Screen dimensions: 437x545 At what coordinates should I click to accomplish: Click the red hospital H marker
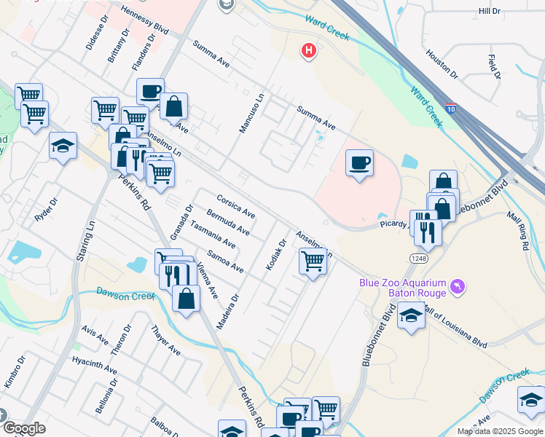pos(310,51)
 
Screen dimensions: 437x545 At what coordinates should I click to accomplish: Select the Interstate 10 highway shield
pos(452,107)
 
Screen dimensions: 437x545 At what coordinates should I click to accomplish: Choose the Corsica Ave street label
pos(235,206)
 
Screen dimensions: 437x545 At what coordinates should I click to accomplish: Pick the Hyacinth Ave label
pos(95,366)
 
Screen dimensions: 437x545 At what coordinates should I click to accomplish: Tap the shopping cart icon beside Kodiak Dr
pos(313,261)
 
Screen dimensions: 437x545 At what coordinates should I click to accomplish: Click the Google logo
pos(24,429)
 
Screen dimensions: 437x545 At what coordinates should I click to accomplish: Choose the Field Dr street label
pos(495,66)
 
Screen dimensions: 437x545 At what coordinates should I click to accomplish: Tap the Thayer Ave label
pos(165,340)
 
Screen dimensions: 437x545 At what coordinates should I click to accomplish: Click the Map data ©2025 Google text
pos(501,431)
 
